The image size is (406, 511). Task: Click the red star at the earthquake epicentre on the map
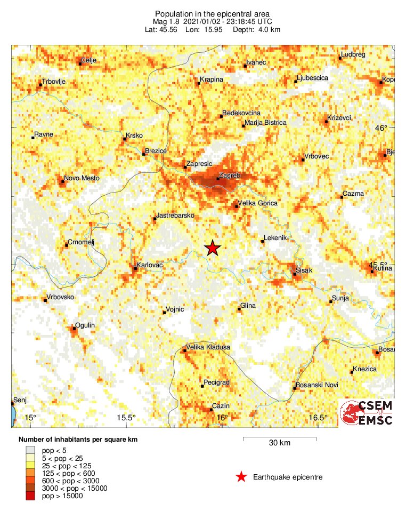coord(213,247)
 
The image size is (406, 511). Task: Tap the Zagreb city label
coord(230,175)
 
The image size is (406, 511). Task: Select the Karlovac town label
coord(150,265)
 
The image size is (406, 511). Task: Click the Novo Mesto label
coord(82,178)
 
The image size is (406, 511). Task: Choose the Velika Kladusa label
coord(208,347)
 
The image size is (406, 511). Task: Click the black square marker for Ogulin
coord(75,329)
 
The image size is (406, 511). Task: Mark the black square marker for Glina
coord(239,309)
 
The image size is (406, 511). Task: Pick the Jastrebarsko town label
coord(175,215)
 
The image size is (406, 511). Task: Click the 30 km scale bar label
coord(280,443)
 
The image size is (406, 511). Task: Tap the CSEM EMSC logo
coord(366,412)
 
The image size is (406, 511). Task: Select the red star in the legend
coord(241,477)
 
